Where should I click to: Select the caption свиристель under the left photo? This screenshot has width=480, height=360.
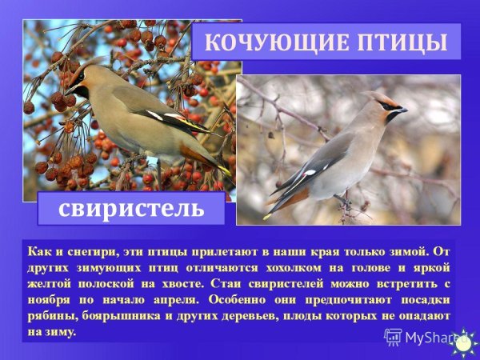click(130, 209)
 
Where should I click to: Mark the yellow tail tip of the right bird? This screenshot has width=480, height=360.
click(267, 216)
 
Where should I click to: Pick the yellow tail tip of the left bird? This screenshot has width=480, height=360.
click(226, 170)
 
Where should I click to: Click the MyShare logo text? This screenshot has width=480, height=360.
click(428, 337)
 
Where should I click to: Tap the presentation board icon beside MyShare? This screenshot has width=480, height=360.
click(393, 337)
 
